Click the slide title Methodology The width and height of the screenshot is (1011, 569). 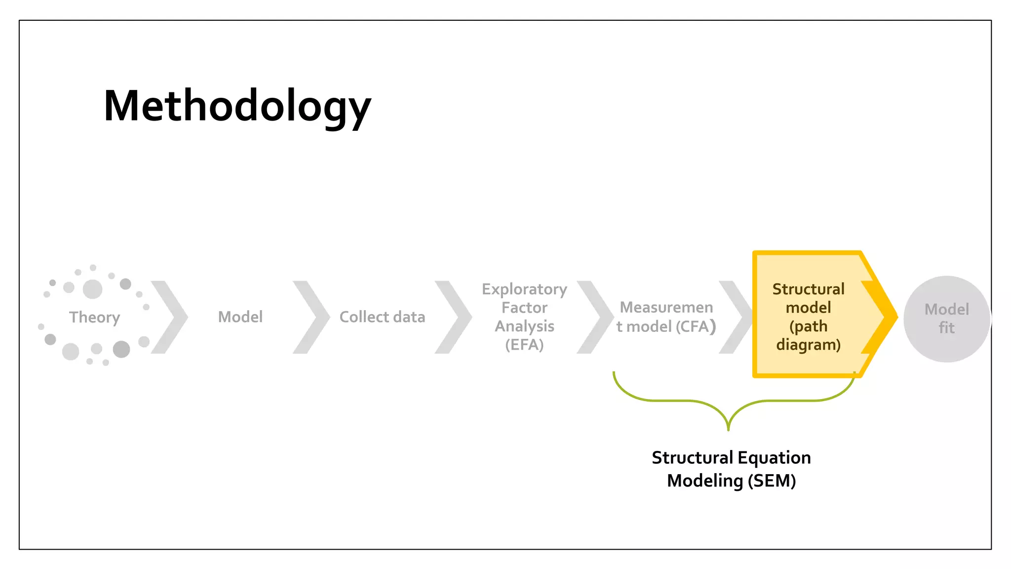click(x=237, y=106)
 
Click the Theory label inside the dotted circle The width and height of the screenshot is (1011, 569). click(x=94, y=317)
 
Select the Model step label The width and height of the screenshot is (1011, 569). click(x=240, y=317)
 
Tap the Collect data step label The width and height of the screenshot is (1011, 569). click(x=382, y=317)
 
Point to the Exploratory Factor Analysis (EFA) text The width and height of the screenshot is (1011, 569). click(x=524, y=317)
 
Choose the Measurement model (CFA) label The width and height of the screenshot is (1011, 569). click(x=666, y=317)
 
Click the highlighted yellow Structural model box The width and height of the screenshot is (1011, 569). click(x=808, y=316)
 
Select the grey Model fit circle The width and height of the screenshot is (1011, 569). click(x=946, y=319)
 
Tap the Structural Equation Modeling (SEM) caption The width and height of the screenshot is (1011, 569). click(x=731, y=469)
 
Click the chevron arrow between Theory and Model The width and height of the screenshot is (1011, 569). click(x=170, y=317)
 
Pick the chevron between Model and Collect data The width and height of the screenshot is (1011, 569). click(x=312, y=317)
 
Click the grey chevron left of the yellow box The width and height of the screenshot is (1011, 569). click(x=736, y=317)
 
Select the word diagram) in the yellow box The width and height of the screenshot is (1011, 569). click(x=808, y=344)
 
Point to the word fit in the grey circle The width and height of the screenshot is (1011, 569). click(x=946, y=327)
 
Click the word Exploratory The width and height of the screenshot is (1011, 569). click(x=524, y=289)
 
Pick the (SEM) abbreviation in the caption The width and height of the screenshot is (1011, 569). click(x=772, y=481)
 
